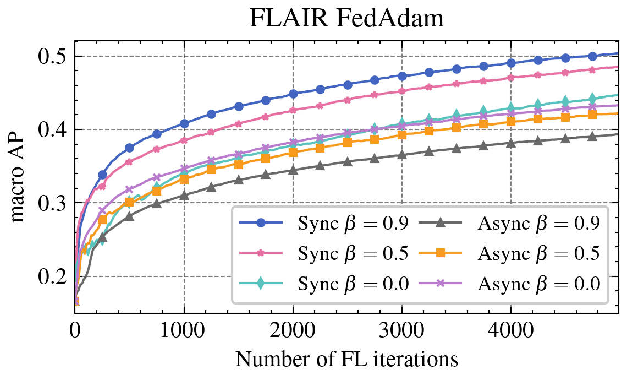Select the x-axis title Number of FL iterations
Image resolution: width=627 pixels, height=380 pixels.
[346, 359]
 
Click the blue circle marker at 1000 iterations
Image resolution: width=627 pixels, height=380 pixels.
[184, 123]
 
